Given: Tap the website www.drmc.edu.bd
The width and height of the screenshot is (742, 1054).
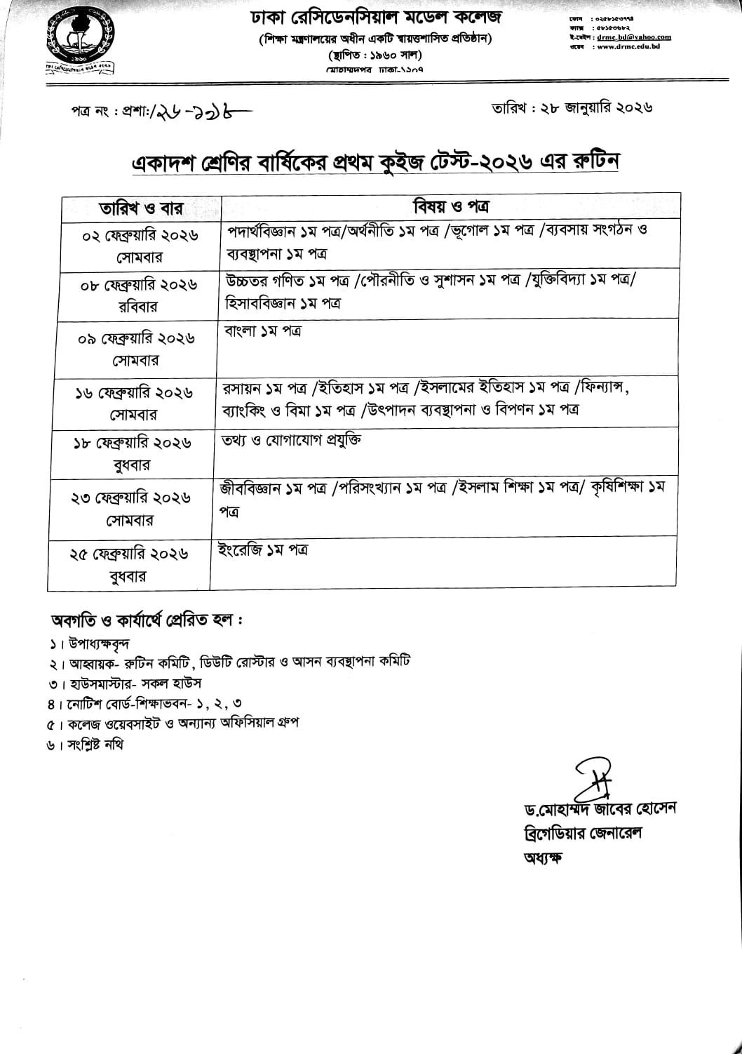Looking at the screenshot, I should pyautogui.click(x=631, y=47).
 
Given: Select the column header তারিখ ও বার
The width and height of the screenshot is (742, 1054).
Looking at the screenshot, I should pyautogui.click(x=141, y=208).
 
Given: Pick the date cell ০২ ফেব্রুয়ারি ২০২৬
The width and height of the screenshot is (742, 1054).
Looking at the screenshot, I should pyautogui.click(x=140, y=235).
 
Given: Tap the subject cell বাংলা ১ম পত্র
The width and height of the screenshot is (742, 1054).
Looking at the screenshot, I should pyautogui.click(x=262, y=331).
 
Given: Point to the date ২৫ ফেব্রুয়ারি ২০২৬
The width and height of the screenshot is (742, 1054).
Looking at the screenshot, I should pyautogui.click(x=129, y=554).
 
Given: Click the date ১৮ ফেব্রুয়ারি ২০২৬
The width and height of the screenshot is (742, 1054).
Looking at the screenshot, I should pyautogui.click(x=133, y=443).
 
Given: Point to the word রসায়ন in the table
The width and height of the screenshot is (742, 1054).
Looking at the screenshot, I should pyautogui.click(x=240, y=387).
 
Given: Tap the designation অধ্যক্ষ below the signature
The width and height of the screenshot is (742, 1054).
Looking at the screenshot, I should pyautogui.click(x=542, y=858).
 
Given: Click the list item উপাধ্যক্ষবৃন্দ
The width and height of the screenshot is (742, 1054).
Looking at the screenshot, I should pyautogui.click(x=99, y=643).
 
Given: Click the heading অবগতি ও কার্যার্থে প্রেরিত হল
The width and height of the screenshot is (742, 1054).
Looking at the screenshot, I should pyautogui.click(x=147, y=620).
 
